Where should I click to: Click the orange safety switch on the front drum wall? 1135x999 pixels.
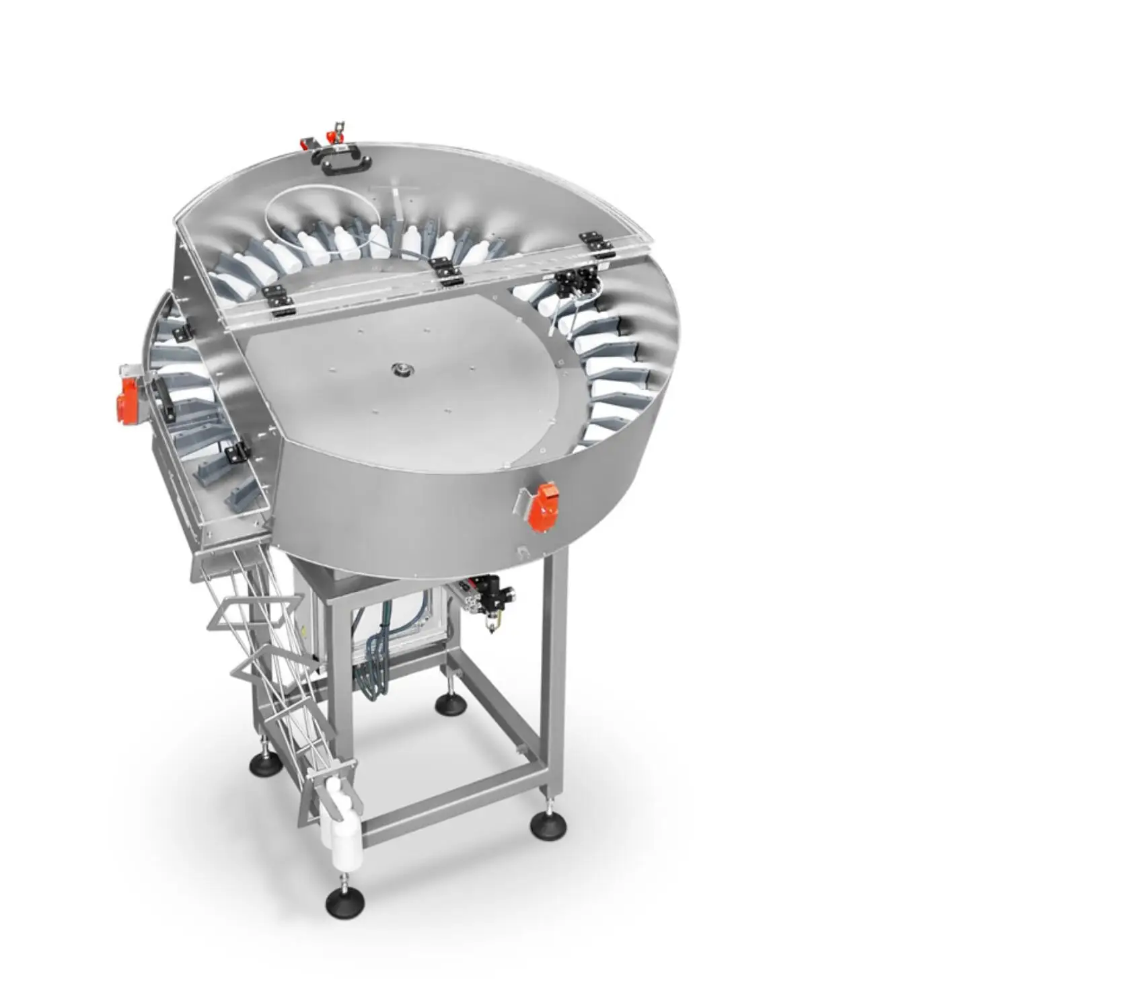click(540, 507)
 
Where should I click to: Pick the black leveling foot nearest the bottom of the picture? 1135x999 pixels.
click(342, 902)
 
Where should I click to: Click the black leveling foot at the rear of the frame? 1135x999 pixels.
click(447, 704)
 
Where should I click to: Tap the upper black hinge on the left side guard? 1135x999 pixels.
click(182, 331)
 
